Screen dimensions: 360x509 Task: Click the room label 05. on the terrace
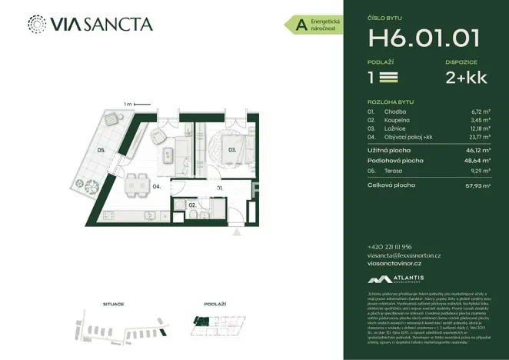tap(101, 151)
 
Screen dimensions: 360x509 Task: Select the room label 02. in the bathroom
tap(193, 206)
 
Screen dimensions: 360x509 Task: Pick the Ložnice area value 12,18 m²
tap(481, 128)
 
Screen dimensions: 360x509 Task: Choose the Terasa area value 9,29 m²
tap(481, 172)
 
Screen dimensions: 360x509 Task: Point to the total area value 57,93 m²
tap(479, 185)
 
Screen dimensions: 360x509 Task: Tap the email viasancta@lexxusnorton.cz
tap(404, 255)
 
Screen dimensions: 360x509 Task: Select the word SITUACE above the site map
tap(113, 305)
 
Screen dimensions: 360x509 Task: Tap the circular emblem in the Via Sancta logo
tap(35, 24)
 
